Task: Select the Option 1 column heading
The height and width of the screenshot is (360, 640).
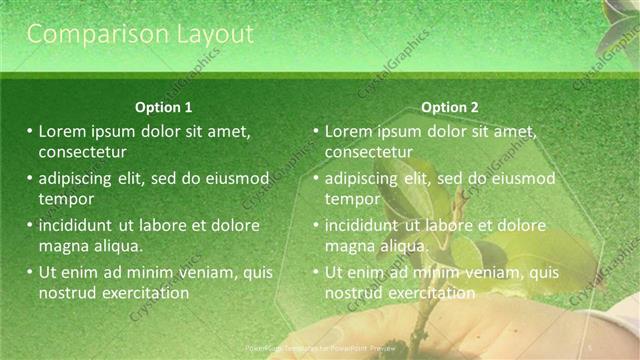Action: (164, 107)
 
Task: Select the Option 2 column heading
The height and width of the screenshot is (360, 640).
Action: (450, 107)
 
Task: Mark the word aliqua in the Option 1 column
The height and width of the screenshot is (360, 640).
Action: (117, 246)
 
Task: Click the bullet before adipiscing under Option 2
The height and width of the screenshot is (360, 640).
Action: (316, 178)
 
